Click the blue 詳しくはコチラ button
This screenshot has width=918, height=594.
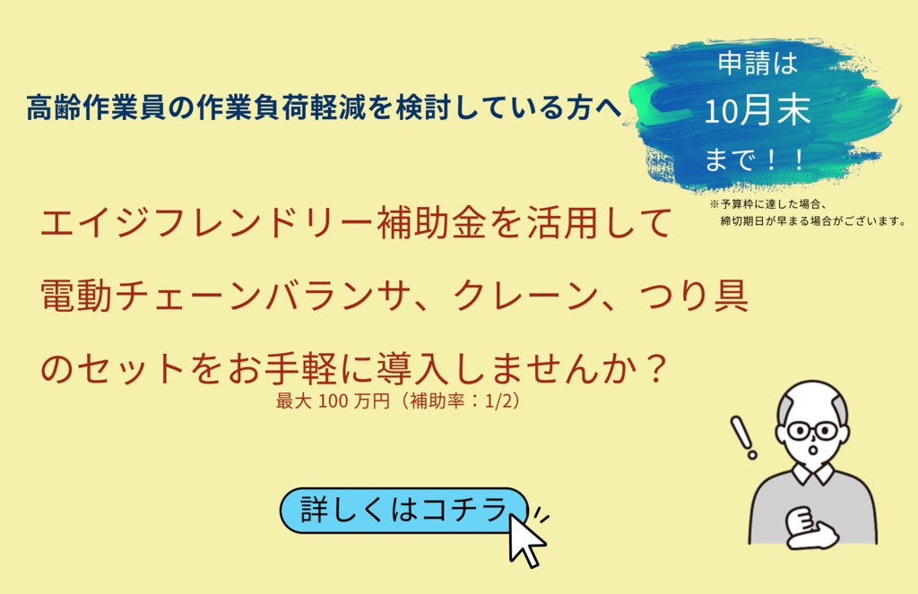[404, 511]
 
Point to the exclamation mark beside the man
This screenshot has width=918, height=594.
[743, 437]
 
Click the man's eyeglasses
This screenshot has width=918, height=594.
[812, 431]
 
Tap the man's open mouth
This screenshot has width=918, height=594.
[812, 451]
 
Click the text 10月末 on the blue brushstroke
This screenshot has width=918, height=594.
[757, 110]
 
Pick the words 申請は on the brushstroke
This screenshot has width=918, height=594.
[758, 64]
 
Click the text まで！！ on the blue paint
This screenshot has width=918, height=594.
[755, 159]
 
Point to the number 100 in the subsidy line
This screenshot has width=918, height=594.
[333, 401]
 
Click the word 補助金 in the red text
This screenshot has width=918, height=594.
[432, 223]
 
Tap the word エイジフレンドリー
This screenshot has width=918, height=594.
[208, 223]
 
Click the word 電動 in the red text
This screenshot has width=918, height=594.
[76, 297]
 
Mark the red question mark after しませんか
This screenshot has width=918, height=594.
[656, 367]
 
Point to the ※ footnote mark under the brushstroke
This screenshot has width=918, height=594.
[714, 204]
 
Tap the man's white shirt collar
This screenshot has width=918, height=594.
[814, 472]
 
